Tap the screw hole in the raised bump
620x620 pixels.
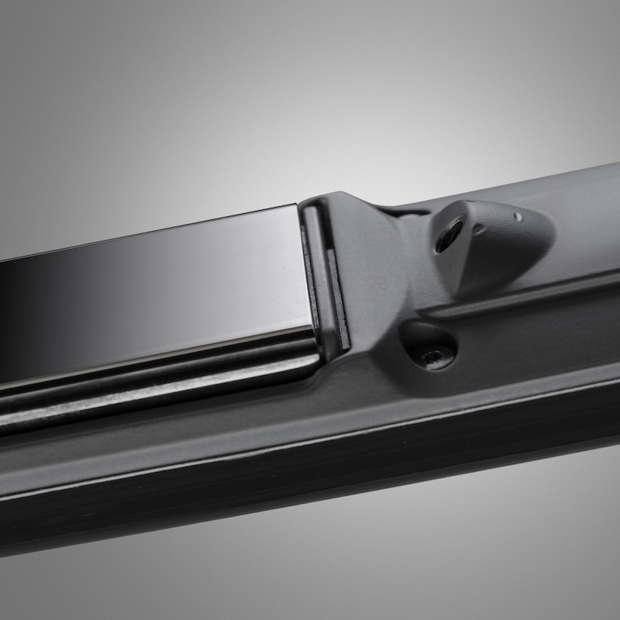click(x=449, y=235)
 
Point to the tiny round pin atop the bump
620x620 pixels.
click(x=517, y=217)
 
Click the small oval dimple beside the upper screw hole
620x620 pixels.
click(x=480, y=229)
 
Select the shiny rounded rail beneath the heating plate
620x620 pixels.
click(x=155, y=387)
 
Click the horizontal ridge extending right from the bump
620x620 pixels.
click(x=527, y=298)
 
